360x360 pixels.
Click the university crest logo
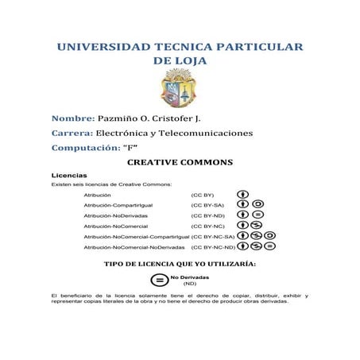pos(180,87)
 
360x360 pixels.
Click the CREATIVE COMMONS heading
pos(180,162)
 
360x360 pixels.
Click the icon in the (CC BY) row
pos(243,194)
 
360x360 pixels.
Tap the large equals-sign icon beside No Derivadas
pos(159,280)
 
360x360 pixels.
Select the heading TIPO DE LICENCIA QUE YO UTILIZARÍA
pos(180,262)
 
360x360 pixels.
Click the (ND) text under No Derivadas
pos(190,283)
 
